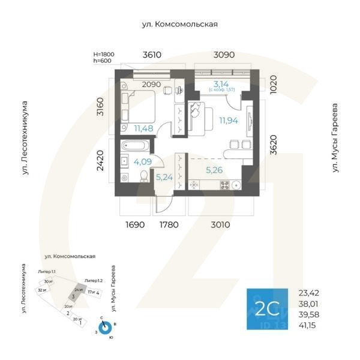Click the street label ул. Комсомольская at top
click(179, 25)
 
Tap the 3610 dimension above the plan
click(152, 55)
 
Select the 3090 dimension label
click(224, 55)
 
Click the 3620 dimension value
click(274, 145)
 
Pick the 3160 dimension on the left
click(101, 106)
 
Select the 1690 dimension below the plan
click(135, 225)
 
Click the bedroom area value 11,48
click(144, 128)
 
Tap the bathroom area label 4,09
click(142, 162)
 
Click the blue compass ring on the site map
click(105, 327)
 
